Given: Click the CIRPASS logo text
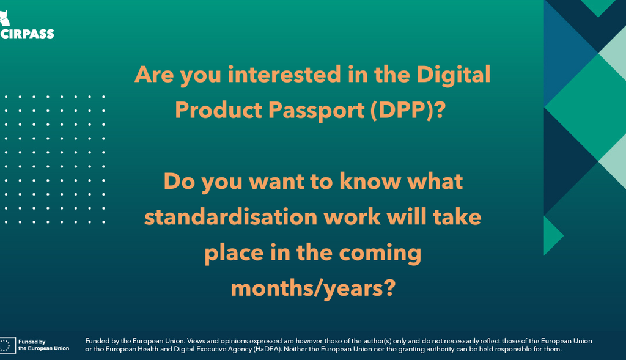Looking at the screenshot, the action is (27, 34).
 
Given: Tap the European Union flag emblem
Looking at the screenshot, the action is (7, 345).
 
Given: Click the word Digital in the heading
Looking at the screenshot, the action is (454, 75).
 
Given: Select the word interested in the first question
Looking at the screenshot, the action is (284, 75).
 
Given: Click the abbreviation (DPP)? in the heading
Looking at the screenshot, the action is (408, 110).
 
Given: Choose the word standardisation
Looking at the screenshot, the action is (230, 217).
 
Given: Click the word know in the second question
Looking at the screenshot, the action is (370, 181).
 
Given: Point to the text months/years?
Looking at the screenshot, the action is (314, 288).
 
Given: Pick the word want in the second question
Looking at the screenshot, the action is (276, 182).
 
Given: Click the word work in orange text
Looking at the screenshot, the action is (352, 217).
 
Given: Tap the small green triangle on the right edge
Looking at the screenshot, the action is (553, 236).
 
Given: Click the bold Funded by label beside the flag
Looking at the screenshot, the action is (32, 342).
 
